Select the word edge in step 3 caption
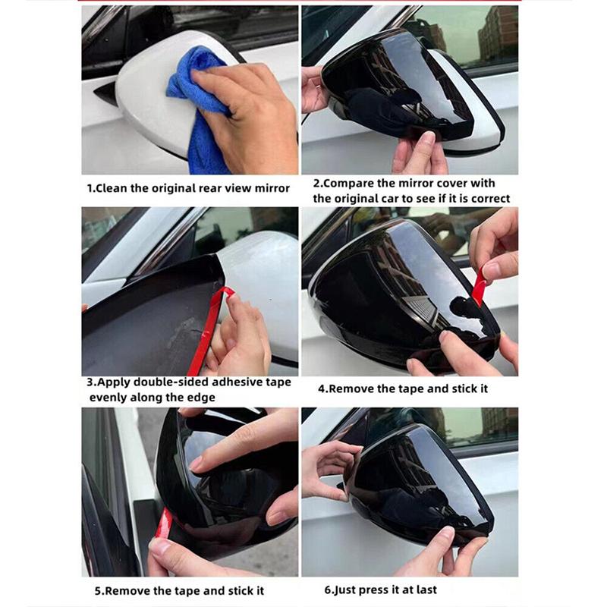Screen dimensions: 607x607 tap(198, 397)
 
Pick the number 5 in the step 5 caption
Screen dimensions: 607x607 tap(98, 590)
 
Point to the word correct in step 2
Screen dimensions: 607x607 tap(488, 198)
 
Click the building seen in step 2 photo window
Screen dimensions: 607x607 tap(497, 34)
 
